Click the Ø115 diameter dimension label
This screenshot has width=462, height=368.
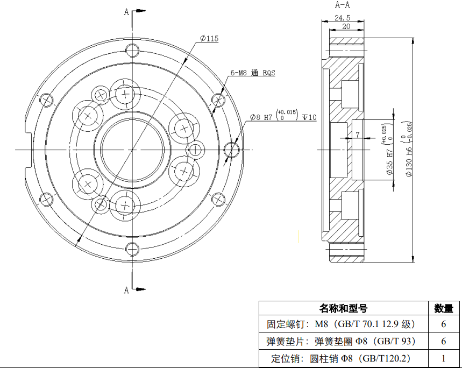click(x=209, y=38)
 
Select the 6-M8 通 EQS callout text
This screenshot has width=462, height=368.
click(x=252, y=73)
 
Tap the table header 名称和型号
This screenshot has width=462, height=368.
click(x=343, y=308)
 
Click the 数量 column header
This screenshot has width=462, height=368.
click(x=444, y=308)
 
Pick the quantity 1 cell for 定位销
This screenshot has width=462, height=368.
click(x=444, y=358)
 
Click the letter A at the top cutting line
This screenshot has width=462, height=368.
click(x=126, y=12)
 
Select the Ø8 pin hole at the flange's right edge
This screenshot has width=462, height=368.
click(x=232, y=149)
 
